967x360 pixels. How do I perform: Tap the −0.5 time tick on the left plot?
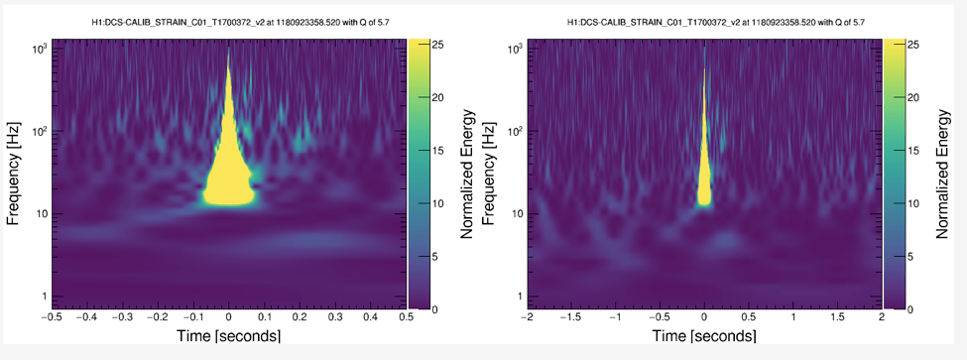[52, 317]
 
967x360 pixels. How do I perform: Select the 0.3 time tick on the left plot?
[335, 317]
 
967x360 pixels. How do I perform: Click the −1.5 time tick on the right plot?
[571, 317]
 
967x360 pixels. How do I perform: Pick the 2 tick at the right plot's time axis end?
[882, 317]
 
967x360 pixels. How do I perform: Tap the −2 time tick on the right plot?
[528, 317]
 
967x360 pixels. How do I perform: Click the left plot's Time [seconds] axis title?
[229, 336]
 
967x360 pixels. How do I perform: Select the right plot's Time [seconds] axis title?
[703, 336]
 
